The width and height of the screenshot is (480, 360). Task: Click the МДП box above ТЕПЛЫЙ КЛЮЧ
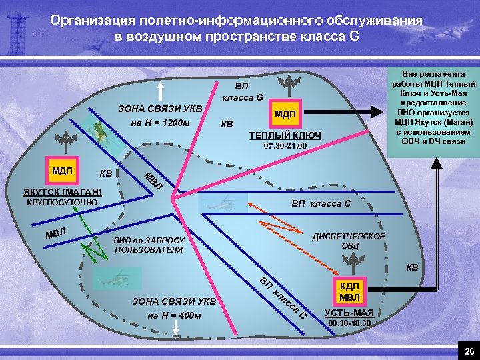click(285, 115)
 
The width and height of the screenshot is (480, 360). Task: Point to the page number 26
click(468, 351)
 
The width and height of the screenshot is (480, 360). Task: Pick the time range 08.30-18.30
click(350, 323)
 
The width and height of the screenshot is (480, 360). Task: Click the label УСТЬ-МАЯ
click(349, 313)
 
